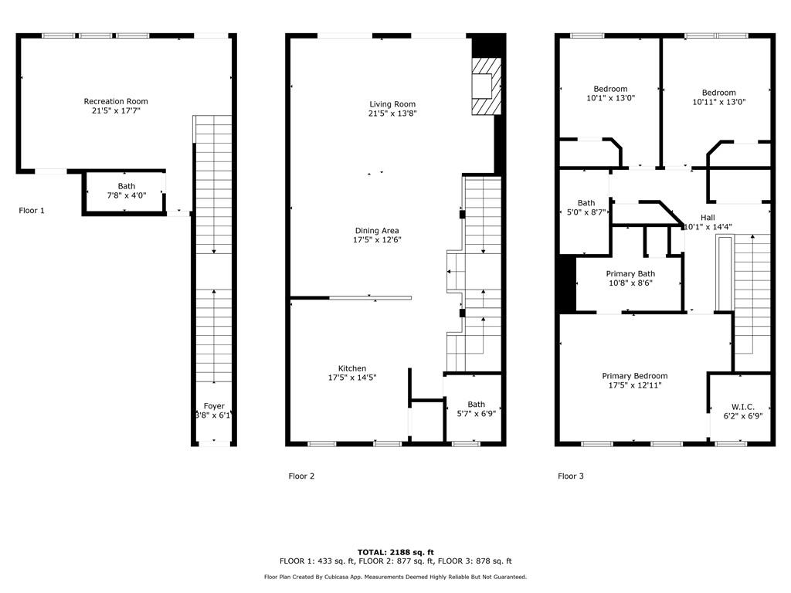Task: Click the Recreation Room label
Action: tap(116, 101)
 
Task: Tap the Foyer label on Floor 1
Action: tap(214, 406)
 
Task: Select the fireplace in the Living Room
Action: tap(487, 86)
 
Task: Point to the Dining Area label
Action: tap(377, 231)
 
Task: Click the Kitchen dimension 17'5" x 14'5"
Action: tap(352, 378)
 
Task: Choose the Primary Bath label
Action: tap(630, 274)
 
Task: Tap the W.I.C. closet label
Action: tap(742, 407)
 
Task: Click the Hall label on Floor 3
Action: tap(708, 218)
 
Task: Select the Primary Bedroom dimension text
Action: tap(635, 385)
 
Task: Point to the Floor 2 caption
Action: tap(302, 476)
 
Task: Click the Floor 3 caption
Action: tap(571, 476)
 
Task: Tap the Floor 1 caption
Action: tap(31, 211)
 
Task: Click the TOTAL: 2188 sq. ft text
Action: tap(395, 552)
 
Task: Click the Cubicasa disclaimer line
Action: tap(395, 577)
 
